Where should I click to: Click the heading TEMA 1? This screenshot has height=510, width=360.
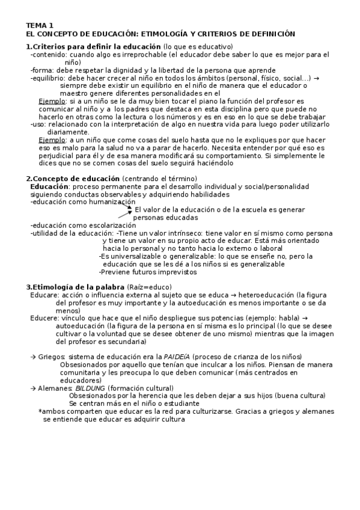(x=39, y=25)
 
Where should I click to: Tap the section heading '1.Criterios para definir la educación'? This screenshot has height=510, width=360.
(x=93, y=47)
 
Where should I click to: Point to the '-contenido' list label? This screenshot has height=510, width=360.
(x=49, y=55)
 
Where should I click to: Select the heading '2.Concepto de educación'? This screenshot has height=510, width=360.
(x=73, y=179)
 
